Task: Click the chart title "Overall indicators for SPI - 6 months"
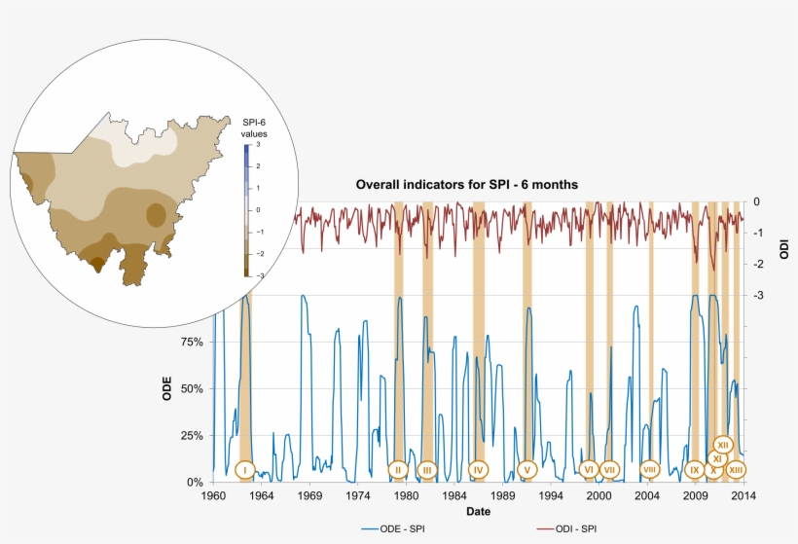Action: click(x=467, y=185)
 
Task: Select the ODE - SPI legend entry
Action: click(x=398, y=528)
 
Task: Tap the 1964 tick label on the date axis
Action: click(x=262, y=495)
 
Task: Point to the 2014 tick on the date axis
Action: click(x=744, y=495)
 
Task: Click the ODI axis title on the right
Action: click(x=784, y=249)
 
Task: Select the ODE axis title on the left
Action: click(x=167, y=389)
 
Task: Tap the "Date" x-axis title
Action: click(x=478, y=512)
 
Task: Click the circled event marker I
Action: click(x=244, y=470)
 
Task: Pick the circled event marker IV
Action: click(x=478, y=470)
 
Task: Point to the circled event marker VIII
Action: click(x=649, y=469)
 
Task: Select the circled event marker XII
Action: click(x=723, y=445)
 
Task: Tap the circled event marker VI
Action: click(x=588, y=470)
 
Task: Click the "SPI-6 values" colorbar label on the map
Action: click(x=254, y=127)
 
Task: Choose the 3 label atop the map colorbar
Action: click(x=259, y=145)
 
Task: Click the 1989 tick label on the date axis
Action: click(x=502, y=495)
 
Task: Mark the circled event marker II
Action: click(x=397, y=470)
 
